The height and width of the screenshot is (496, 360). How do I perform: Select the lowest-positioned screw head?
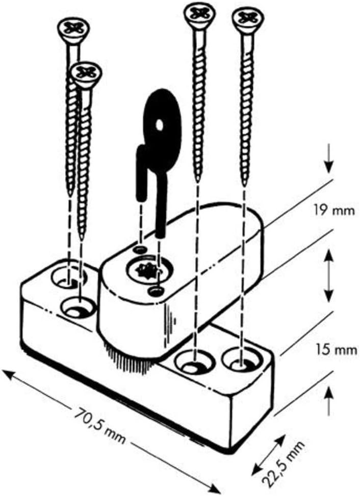click(86, 73)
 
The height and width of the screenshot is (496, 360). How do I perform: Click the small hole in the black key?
click(160, 125)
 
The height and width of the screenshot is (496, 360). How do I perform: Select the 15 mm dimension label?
click(336, 350)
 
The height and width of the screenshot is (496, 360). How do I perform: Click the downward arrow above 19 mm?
click(329, 158)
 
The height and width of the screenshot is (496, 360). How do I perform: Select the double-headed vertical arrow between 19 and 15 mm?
click(329, 275)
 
